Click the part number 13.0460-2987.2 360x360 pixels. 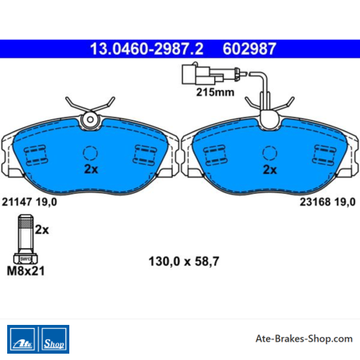pos(147,49)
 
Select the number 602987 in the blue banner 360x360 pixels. pos(249,49)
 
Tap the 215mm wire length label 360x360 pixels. pos(215,92)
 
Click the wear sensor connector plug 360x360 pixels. pos(203,74)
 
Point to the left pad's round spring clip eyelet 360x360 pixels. pos(90,119)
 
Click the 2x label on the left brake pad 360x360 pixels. pos(91,169)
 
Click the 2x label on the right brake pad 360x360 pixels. pos(270,170)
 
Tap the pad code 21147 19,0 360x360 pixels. pos(29,202)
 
